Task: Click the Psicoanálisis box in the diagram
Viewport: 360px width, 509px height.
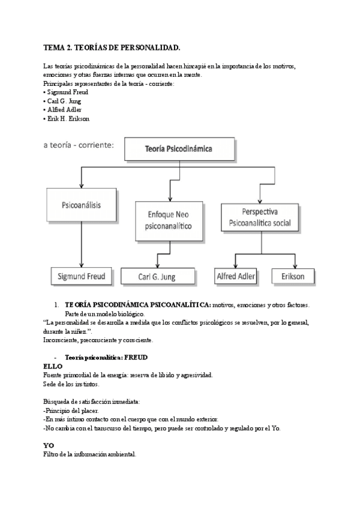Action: click(81, 205)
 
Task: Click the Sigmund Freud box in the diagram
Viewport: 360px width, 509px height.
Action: click(82, 276)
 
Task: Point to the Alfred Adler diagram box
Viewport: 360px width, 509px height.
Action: click(235, 276)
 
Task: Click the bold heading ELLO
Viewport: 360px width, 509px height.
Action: click(53, 366)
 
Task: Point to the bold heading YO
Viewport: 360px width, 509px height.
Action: click(49, 445)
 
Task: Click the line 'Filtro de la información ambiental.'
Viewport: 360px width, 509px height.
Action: click(90, 454)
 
